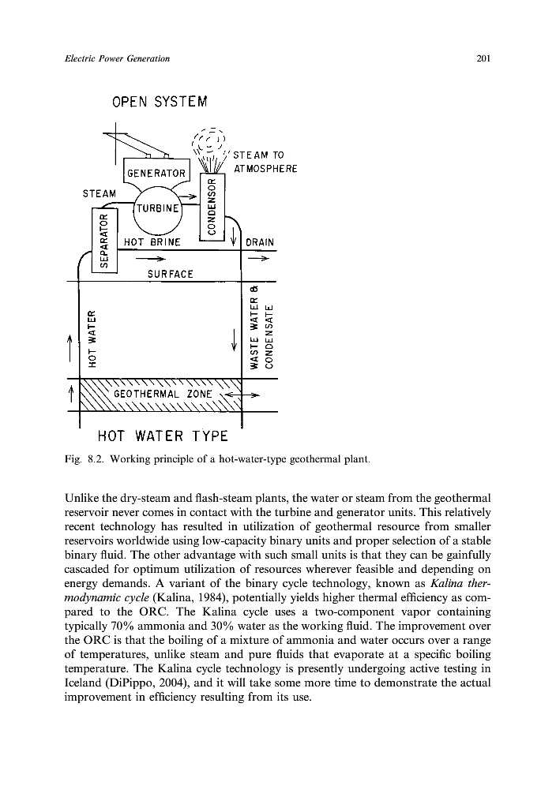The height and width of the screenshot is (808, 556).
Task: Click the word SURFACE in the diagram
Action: (x=171, y=273)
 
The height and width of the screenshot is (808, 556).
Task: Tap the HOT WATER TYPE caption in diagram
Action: (x=162, y=436)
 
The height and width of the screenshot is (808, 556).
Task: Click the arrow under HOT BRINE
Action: (x=151, y=257)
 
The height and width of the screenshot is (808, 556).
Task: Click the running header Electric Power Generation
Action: (x=118, y=58)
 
